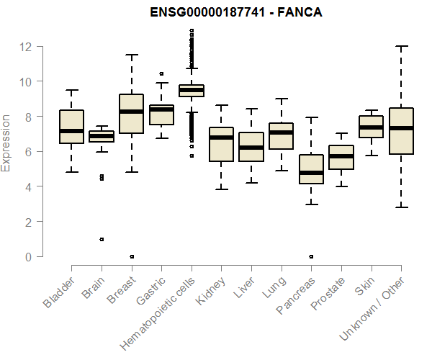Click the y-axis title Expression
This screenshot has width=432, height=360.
6,143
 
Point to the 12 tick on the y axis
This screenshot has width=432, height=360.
26,47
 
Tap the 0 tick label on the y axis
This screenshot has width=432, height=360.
28,257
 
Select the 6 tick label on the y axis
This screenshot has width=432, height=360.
28,152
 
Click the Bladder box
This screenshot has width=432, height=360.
71,127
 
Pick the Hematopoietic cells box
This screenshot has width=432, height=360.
191,90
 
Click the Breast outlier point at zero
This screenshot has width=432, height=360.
131,256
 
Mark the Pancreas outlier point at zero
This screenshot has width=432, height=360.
310,256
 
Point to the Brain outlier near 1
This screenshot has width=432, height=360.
102,239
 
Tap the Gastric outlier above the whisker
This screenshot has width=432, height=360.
161,73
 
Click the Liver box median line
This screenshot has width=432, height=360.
251,148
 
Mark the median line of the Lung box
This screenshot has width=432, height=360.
281,132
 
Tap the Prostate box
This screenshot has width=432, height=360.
341,158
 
